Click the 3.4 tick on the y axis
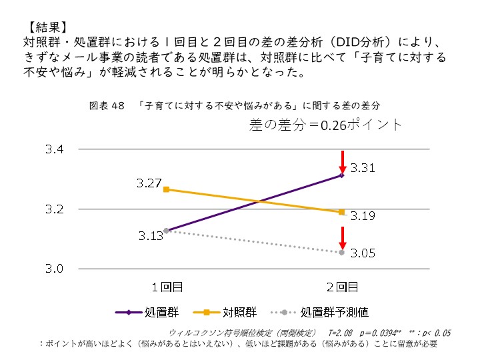(54, 150)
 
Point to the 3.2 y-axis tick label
(54, 209)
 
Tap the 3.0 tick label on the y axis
(54, 269)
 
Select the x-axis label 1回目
(166, 287)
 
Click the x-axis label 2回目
(341, 287)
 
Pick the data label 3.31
(363, 167)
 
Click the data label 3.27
(148, 182)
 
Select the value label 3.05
(363, 253)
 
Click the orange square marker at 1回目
(166, 189)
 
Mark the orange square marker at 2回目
(341, 213)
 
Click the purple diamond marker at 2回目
(341, 175)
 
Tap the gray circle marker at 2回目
(341, 253)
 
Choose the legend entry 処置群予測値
(334, 311)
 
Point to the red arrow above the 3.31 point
(341, 161)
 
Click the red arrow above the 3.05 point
(341, 237)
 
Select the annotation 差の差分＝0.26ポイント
(326, 124)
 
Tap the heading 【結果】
(46, 28)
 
